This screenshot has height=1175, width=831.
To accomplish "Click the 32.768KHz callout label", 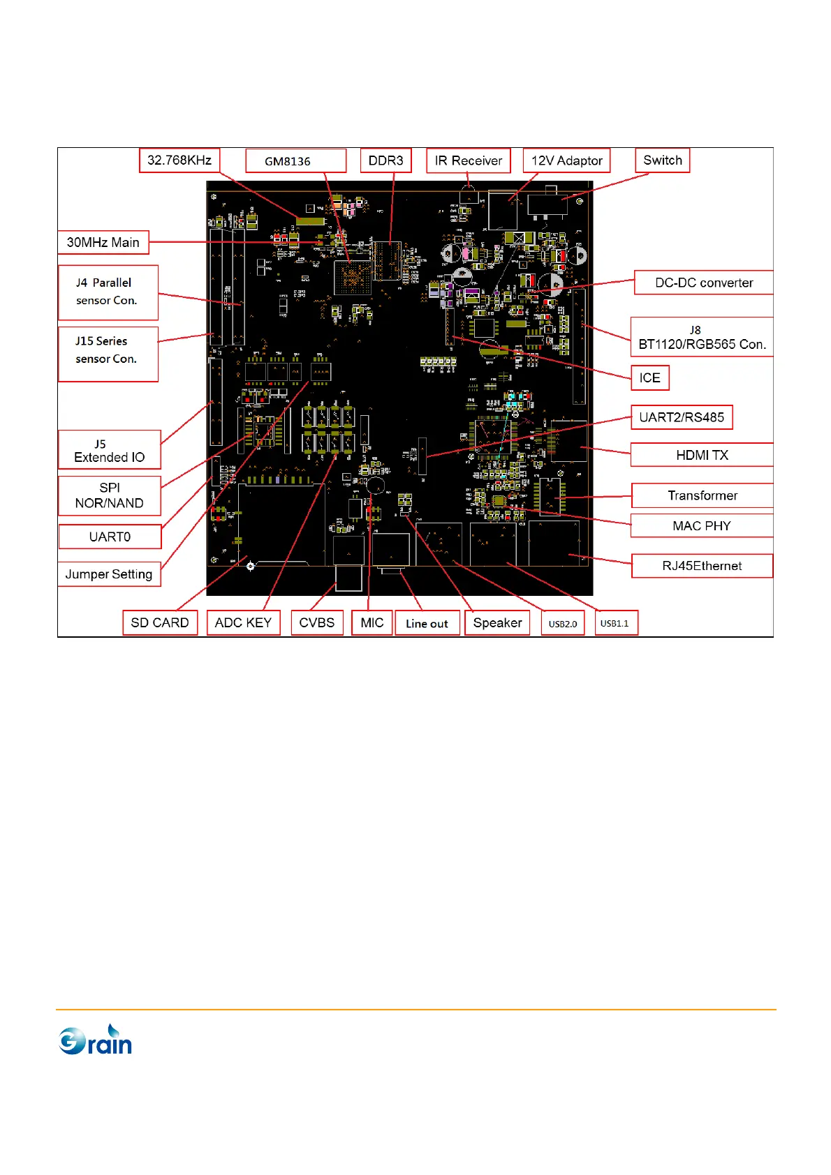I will click(x=179, y=160).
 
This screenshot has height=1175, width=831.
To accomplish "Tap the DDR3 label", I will click(x=385, y=160).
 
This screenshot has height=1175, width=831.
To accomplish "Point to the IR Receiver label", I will click(x=469, y=160).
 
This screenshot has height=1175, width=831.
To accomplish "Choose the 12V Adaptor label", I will click(x=566, y=160).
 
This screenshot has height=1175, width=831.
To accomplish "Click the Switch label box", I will click(x=662, y=160).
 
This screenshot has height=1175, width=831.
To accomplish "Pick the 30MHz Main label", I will click(x=103, y=242).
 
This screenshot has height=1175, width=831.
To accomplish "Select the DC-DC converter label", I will click(x=703, y=283).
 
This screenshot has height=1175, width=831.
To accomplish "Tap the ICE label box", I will click(x=649, y=377).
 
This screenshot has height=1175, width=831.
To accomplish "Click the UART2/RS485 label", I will click(x=682, y=417).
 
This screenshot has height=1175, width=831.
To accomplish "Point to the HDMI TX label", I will click(x=702, y=455).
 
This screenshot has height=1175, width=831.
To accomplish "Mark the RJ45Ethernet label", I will click(x=702, y=566).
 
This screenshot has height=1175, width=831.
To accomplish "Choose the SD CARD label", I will click(x=160, y=622).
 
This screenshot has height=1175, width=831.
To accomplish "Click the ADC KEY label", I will click(x=243, y=622).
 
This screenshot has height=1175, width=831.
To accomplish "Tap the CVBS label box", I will click(x=317, y=622).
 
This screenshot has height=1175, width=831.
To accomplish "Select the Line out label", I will click(x=427, y=623).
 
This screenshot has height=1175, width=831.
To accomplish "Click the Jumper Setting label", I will click(x=109, y=574).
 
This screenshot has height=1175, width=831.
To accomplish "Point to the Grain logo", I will click(x=96, y=1040).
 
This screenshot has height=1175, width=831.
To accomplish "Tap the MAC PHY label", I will click(x=702, y=526).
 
